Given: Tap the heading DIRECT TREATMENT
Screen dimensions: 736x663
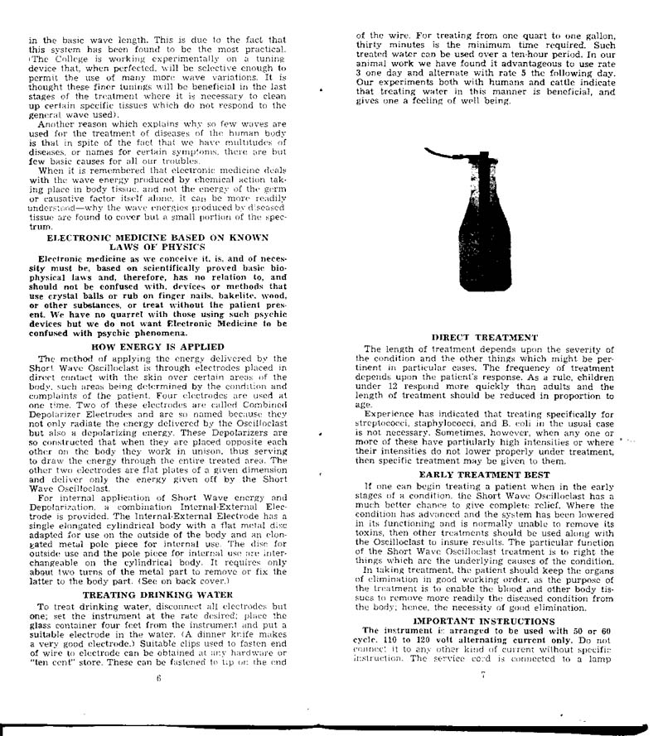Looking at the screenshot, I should [x=485, y=336].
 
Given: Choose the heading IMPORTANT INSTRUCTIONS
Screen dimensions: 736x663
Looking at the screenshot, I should [x=485, y=619].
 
